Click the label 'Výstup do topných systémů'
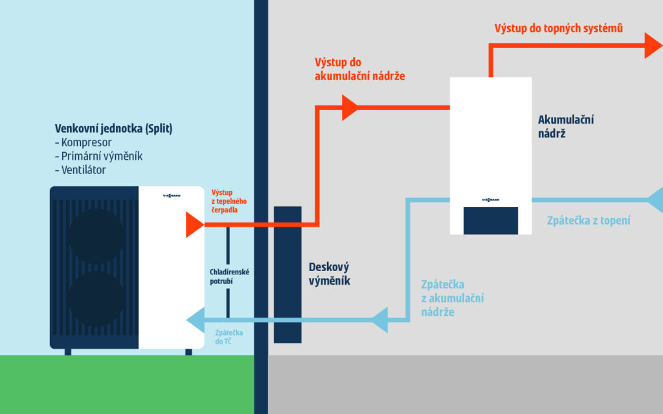(x=558, y=28)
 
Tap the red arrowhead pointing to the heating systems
(x=653, y=45)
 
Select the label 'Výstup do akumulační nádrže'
(x=359, y=69)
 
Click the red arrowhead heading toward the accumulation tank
(x=350, y=107)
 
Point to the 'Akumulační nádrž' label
(x=566, y=127)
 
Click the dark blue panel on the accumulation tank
(x=490, y=220)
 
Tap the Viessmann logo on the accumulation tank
(x=491, y=199)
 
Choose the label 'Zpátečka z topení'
(x=589, y=221)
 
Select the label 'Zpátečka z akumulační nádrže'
(x=452, y=298)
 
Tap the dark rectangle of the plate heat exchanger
(x=287, y=274)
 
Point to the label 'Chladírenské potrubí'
(x=230, y=277)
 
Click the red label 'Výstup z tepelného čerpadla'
(x=229, y=201)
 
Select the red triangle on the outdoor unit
(x=194, y=224)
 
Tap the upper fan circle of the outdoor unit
(x=97, y=236)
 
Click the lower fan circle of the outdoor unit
(x=97, y=299)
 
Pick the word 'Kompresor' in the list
(x=87, y=142)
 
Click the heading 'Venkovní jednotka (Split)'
(x=113, y=128)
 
